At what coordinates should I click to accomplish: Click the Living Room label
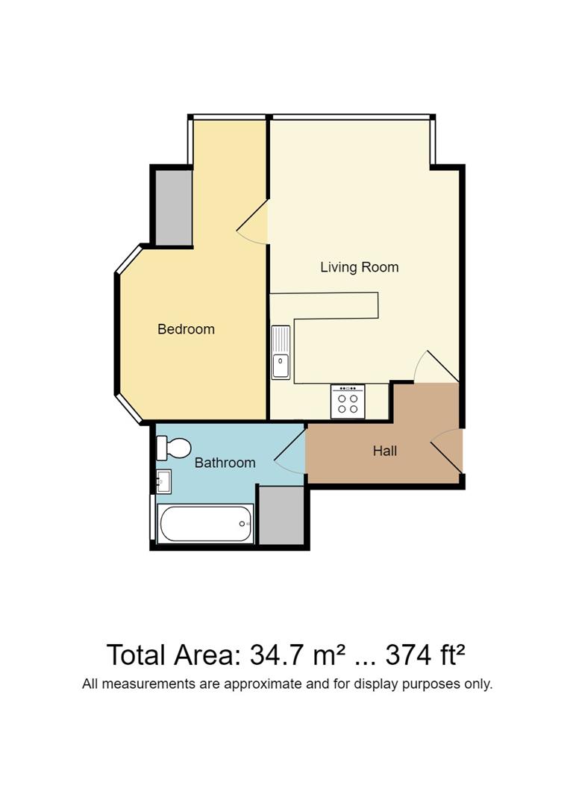(359, 267)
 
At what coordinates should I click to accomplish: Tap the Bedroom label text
(186, 329)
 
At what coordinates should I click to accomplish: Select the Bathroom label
(225, 463)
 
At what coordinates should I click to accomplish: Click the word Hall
(385, 451)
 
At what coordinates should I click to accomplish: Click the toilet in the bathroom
(173, 449)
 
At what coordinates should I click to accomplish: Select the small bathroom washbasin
(163, 481)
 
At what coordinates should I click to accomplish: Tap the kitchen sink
(281, 352)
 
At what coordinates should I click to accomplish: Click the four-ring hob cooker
(348, 402)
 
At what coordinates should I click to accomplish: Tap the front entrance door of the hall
(446, 452)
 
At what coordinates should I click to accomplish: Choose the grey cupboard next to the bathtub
(281, 515)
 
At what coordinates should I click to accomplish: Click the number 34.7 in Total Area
(277, 655)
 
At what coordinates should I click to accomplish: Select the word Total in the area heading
(137, 655)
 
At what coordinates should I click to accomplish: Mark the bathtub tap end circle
(242, 524)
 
